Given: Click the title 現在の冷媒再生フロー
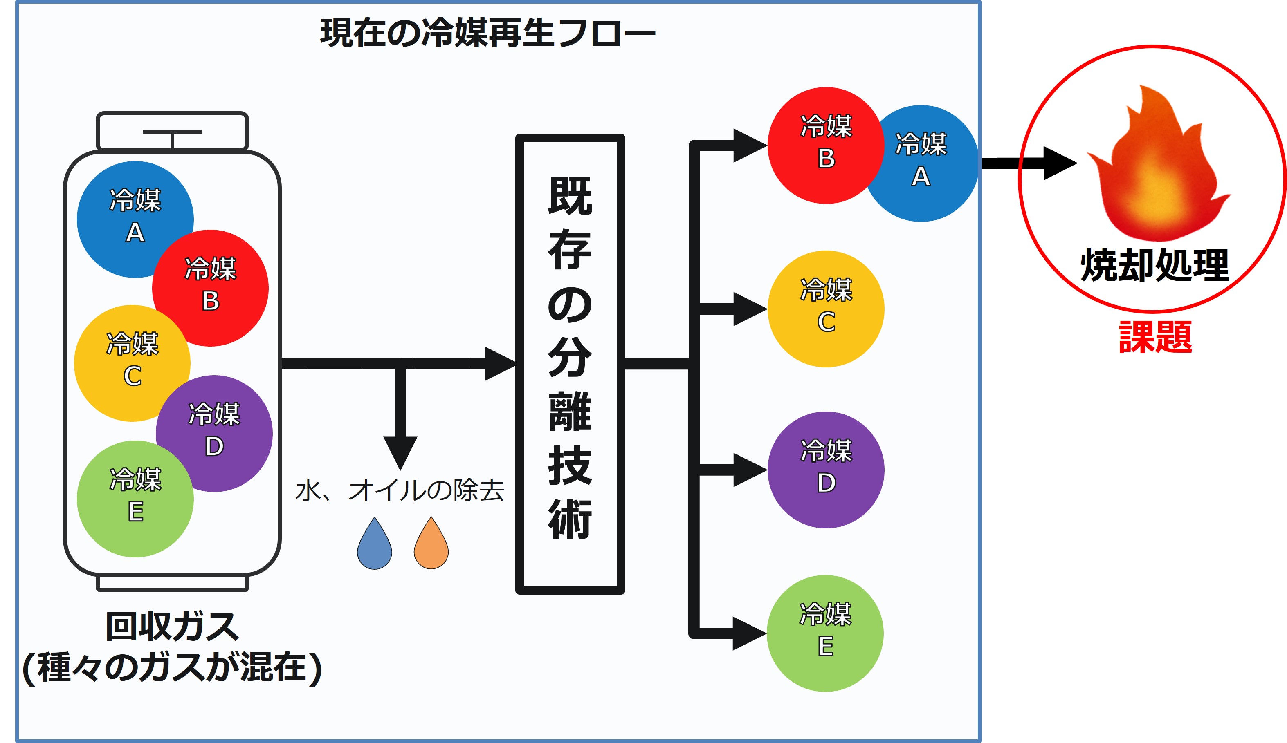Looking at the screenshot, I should click(x=487, y=33).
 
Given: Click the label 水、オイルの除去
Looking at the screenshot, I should click(x=400, y=490).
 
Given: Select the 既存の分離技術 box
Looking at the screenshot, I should click(x=570, y=363).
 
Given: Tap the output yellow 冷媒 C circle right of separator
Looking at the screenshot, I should click(x=826, y=309).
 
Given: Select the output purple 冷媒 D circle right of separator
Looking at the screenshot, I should click(x=826, y=470).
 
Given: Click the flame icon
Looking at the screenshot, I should click(x=1156, y=168).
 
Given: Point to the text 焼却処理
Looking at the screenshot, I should click(x=1154, y=265).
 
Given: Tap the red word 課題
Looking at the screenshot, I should click(x=1155, y=337).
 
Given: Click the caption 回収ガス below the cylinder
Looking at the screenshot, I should click(x=172, y=627).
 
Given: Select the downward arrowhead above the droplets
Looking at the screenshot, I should click(x=400, y=452).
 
